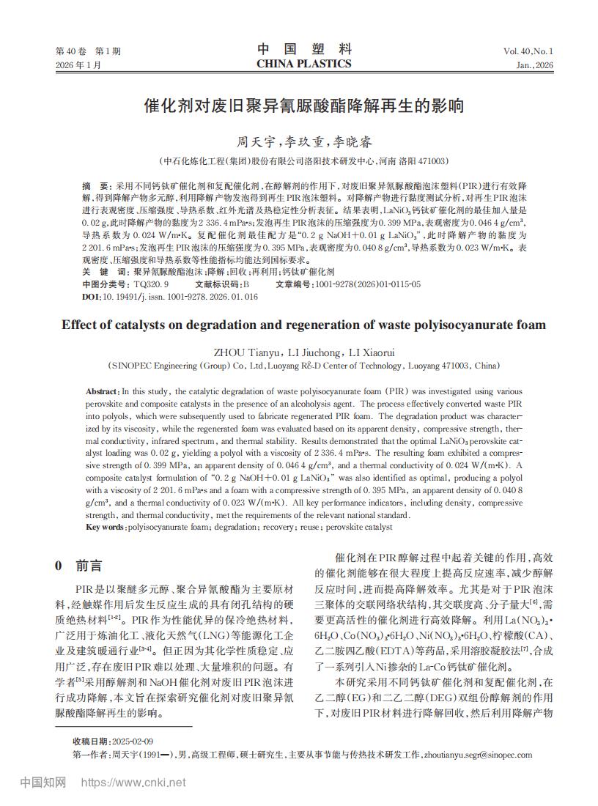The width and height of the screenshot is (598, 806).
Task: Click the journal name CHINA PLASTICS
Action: coord(304,64)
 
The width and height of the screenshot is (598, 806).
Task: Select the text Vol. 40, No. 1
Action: coord(528,51)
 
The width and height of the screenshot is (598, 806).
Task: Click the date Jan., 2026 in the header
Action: coord(534,65)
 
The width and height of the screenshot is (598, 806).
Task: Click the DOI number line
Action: coord(170,297)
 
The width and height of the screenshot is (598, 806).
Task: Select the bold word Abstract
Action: coord(102,392)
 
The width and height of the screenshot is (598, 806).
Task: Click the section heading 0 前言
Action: coord(79,566)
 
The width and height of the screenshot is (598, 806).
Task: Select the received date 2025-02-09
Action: coord(131,742)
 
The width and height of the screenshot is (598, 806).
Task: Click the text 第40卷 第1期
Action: coord(88,51)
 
